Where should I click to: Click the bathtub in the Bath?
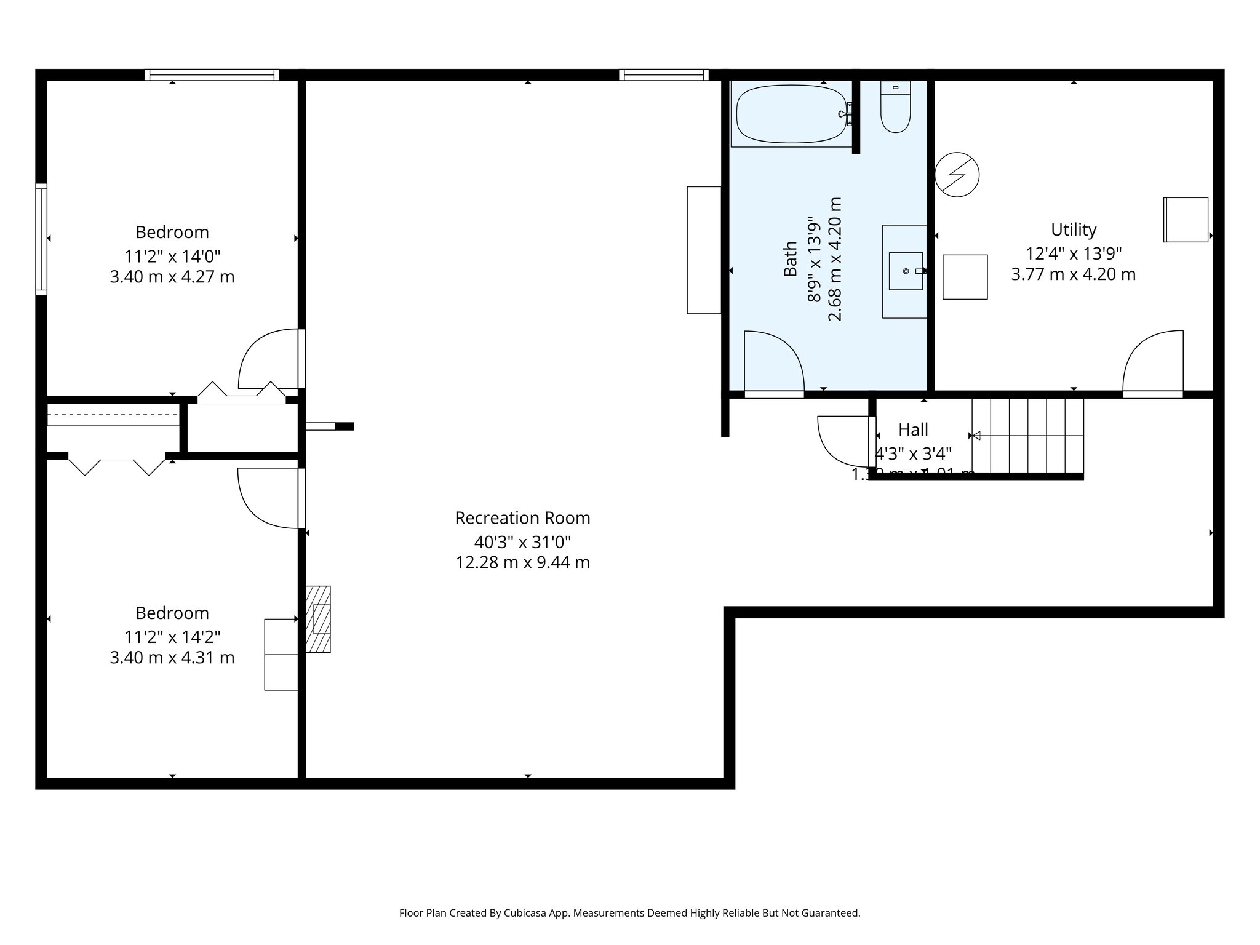pos(791,114)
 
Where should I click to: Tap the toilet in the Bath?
pos(895,108)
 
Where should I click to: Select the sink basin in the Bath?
pos(906,271)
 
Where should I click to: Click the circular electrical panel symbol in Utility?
pos(957,175)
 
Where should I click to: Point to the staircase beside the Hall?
pos(1027,436)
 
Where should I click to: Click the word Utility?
pos(1074,230)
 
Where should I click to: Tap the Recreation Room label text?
pos(522,518)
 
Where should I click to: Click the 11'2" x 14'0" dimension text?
pos(172,256)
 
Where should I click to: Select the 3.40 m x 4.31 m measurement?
pos(172,658)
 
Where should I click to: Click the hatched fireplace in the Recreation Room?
pos(318,619)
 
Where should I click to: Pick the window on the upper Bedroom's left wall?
pos(41,239)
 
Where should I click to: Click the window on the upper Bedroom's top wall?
pos(212,75)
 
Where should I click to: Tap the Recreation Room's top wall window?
pos(664,75)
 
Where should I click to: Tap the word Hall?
pos(913,429)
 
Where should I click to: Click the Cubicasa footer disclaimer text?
pos(629,913)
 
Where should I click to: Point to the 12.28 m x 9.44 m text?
pos(522,563)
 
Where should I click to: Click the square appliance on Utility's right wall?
pos(1186,220)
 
